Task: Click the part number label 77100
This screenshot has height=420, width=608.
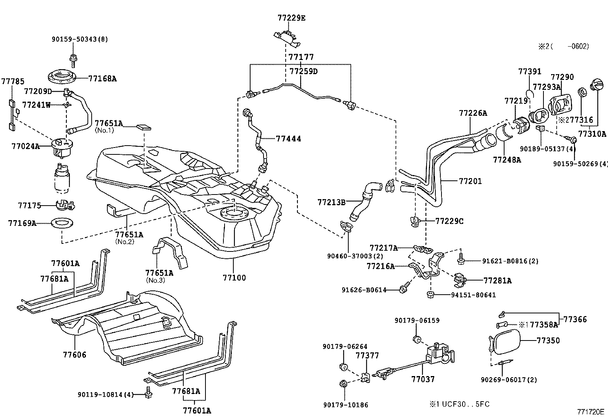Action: (x=234, y=278)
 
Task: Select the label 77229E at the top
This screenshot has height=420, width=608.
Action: (x=291, y=18)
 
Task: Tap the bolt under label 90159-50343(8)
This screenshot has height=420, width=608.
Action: (x=72, y=58)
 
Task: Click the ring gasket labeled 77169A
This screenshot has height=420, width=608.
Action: (x=61, y=223)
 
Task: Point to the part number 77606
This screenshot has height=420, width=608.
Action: (x=74, y=355)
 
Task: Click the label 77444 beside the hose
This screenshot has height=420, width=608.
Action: (x=288, y=139)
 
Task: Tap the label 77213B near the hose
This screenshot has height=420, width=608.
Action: (x=331, y=202)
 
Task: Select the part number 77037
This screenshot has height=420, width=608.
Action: (x=423, y=379)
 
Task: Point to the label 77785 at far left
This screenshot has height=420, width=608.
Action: (x=13, y=81)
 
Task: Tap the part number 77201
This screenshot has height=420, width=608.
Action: (x=470, y=181)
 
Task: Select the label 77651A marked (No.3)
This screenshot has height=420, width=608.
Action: (x=159, y=273)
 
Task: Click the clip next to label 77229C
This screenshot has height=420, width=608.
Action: (x=415, y=221)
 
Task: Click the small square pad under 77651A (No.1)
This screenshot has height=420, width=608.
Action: (x=143, y=126)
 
